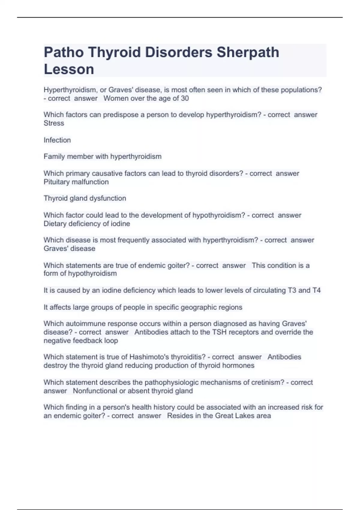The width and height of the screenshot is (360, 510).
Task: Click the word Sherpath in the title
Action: click(x=248, y=52)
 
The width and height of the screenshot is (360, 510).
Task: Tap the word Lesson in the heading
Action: click(x=69, y=69)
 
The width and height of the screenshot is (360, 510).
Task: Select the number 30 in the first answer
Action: click(x=185, y=98)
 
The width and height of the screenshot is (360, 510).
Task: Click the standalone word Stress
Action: click(x=54, y=123)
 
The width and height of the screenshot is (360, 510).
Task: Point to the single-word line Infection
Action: click(x=57, y=140)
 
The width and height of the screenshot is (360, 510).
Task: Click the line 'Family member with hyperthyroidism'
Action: click(x=103, y=157)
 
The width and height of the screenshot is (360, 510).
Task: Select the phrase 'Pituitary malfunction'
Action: click(x=76, y=182)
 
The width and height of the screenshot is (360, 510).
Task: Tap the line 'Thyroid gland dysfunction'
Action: click(x=85, y=198)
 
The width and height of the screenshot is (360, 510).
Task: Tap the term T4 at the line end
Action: click(x=316, y=290)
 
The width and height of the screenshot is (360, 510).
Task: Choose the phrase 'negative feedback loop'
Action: click(x=81, y=341)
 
